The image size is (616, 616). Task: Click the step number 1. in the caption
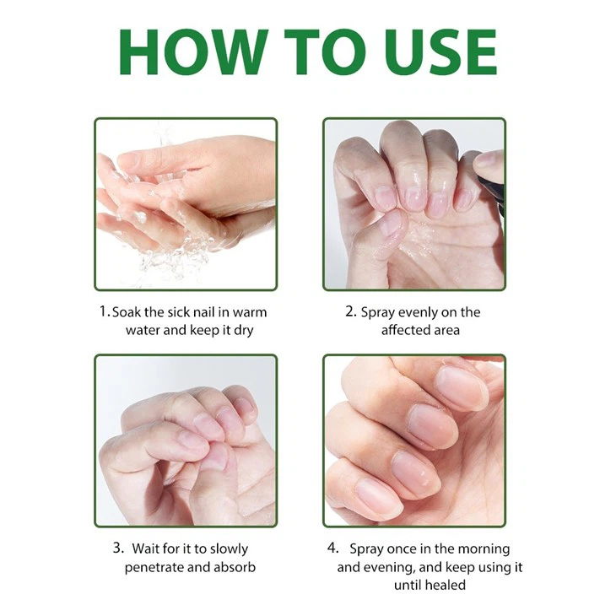(x=105, y=311)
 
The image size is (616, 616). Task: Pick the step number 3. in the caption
(x=118, y=548)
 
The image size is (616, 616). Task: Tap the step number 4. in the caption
(x=332, y=548)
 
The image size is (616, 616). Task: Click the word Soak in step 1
(x=128, y=312)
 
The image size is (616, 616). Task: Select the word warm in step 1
(x=250, y=312)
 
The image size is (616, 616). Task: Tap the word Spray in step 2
(x=378, y=312)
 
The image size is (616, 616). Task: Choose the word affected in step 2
(x=408, y=330)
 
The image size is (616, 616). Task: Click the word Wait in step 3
(x=149, y=548)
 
